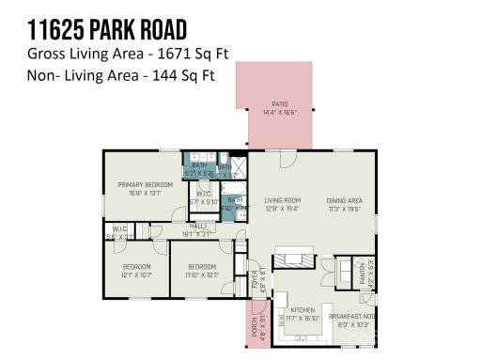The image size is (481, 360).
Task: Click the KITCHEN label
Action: [x=302, y=309]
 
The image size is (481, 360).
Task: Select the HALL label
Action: [x=197, y=226]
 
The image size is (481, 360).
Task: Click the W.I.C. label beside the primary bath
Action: [x=203, y=193]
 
